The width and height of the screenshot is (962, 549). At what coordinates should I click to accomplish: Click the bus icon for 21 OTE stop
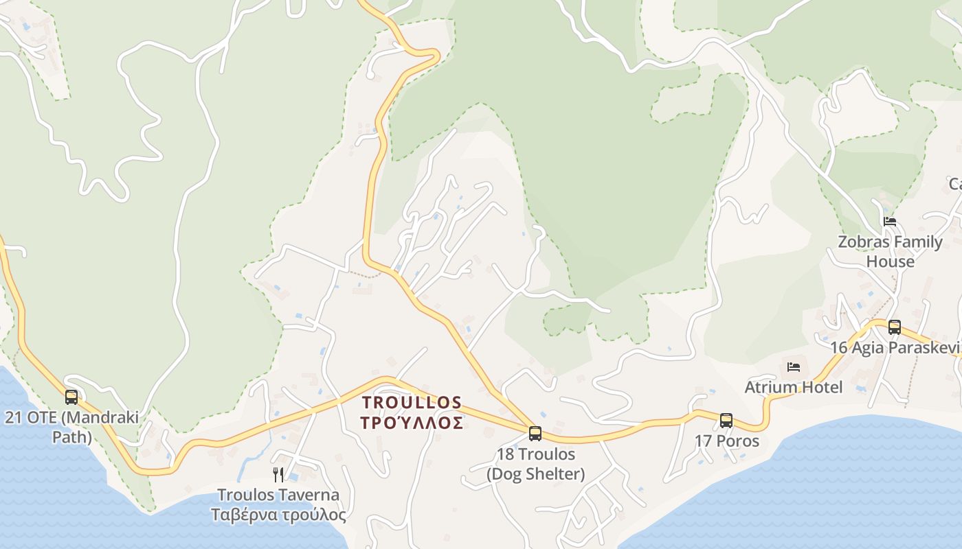point(71,397)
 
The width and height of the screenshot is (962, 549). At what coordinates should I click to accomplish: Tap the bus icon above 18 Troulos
point(535,433)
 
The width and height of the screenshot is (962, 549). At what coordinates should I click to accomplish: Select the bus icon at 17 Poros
point(726,420)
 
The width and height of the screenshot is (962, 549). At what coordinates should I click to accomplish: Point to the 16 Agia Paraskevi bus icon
point(894,327)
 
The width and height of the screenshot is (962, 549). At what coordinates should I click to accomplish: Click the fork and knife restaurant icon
point(278,474)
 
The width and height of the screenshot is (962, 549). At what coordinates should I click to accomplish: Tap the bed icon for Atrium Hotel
point(794,367)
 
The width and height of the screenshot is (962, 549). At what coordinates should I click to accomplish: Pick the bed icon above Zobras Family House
point(890,222)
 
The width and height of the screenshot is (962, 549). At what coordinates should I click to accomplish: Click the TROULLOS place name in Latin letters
point(412,401)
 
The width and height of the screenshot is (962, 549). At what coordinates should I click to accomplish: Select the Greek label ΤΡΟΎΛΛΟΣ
point(412,423)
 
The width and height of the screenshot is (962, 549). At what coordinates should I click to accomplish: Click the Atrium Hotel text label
point(794,387)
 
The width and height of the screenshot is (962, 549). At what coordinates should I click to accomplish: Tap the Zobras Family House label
point(890,251)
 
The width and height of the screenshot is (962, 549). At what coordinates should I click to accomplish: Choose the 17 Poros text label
point(727,441)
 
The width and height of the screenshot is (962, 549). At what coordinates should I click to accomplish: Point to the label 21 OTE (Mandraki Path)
point(71,427)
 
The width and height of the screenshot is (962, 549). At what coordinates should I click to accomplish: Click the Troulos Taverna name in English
point(278,495)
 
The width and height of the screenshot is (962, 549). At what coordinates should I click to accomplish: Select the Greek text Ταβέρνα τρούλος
point(278,515)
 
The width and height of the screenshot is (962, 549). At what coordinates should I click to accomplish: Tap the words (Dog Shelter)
point(536,474)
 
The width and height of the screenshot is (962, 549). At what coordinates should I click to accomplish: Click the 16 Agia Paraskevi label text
point(895,347)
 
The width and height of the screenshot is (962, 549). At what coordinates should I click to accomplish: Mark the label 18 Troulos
point(536,454)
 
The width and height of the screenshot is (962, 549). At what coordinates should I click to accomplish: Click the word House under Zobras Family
point(890,261)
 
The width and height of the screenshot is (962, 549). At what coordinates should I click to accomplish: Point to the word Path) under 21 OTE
point(71,437)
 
